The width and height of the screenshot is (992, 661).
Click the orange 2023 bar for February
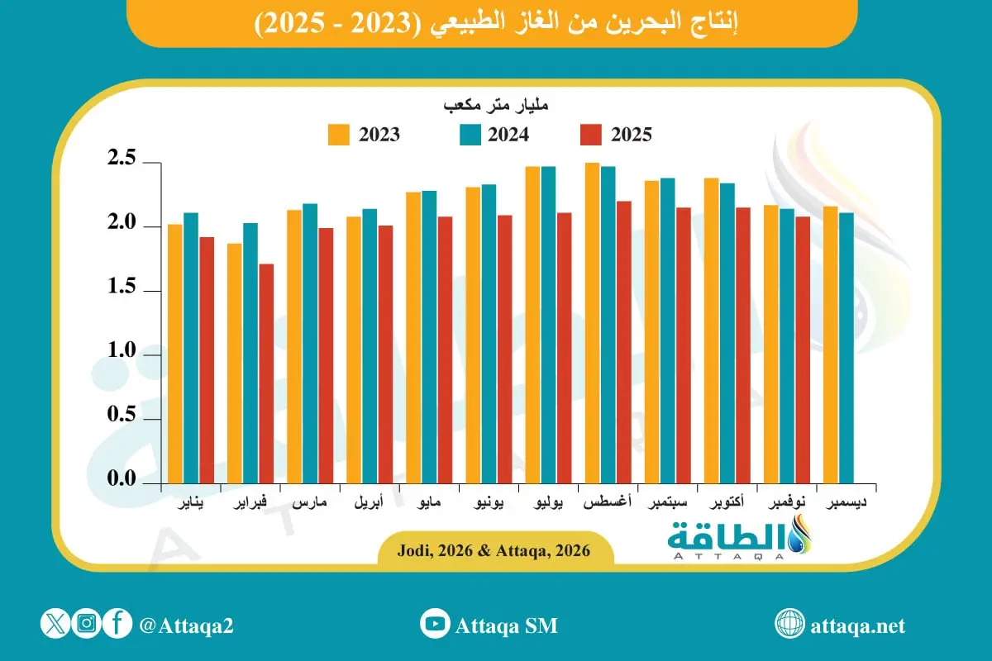(x=234, y=364)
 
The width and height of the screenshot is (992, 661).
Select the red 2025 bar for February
(x=265, y=373)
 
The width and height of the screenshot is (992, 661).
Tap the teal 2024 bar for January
(x=190, y=348)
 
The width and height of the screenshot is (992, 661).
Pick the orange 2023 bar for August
(x=592, y=323)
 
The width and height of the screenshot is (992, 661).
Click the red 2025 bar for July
(x=564, y=348)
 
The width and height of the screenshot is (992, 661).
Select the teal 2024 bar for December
(x=847, y=348)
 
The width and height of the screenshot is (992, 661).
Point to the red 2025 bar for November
(x=802, y=350)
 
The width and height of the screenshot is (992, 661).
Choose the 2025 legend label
(x=631, y=135)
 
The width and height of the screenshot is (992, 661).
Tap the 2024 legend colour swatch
(x=468, y=135)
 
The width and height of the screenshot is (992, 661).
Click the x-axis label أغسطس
(x=608, y=502)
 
